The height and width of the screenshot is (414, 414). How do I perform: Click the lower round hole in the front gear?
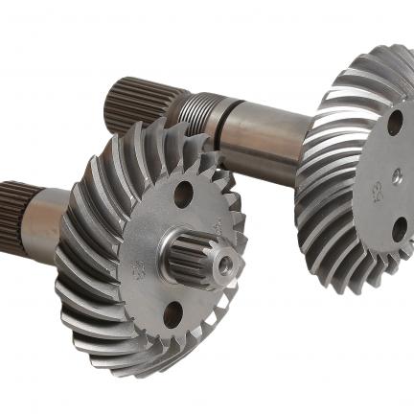[173, 313]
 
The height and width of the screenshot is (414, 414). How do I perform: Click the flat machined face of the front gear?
[144, 230]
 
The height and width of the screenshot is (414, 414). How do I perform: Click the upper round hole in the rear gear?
[394, 121]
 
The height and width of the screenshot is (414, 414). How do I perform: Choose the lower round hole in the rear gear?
[397, 230]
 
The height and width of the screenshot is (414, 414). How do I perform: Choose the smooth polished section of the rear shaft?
[268, 129]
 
